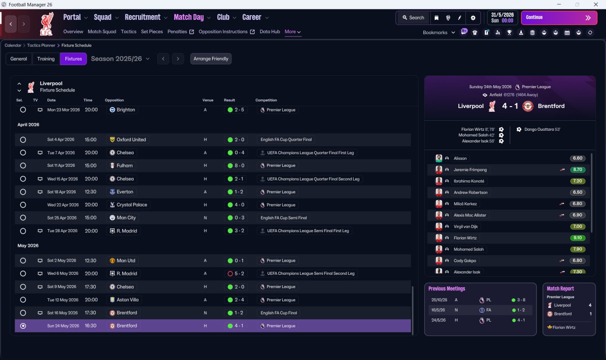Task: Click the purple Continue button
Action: pyautogui.click(x=559, y=18)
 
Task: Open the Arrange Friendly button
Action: pyautogui.click(x=211, y=59)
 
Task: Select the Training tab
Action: pyautogui.click(x=46, y=59)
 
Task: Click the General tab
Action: pyautogui.click(x=18, y=59)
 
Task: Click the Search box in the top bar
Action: pyautogui.click(x=413, y=18)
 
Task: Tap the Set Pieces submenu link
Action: pyautogui.click(x=152, y=32)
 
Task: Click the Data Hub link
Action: pyautogui.click(x=270, y=32)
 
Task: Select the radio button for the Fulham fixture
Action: pyautogui.click(x=23, y=166)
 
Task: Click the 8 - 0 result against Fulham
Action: pyautogui.click(x=236, y=166)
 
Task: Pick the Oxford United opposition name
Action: pyautogui.click(x=131, y=140)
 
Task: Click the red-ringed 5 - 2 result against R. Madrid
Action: pyautogui.click(x=236, y=274)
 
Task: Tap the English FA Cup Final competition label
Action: pyautogui.click(x=279, y=313)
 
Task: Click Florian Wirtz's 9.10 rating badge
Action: pyautogui.click(x=577, y=238)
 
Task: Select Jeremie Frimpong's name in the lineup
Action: pyautogui.click(x=470, y=170)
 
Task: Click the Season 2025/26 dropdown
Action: pyautogui.click(x=120, y=59)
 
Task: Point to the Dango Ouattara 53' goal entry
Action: pyautogui.click(x=538, y=129)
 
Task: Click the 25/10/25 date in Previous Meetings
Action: pyautogui.click(x=439, y=300)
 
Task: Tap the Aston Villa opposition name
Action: pyautogui.click(x=127, y=300)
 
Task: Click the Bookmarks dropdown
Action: pyautogui.click(x=438, y=33)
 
